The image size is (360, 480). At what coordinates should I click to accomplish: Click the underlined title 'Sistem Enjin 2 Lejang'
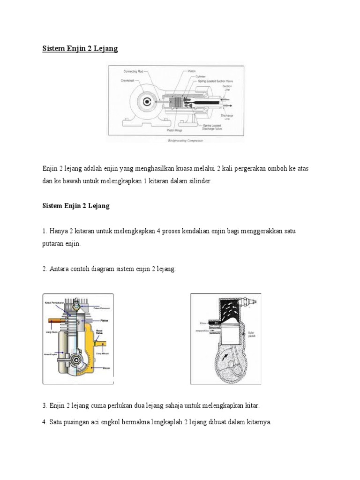click(x=80, y=49)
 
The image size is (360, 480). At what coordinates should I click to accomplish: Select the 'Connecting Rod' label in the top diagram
click(x=134, y=72)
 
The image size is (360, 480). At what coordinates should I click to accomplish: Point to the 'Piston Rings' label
click(x=175, y=131)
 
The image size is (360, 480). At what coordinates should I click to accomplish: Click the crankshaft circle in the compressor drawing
click(x=147, y=101)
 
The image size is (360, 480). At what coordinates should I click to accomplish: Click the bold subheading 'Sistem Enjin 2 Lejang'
click(x=76, y=206)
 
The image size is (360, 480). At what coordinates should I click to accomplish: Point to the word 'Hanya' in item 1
click(x=59, y=231)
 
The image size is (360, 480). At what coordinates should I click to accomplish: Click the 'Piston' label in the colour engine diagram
click(x=105, y=321)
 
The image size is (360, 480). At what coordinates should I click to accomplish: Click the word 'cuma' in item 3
click(x=92, y=405)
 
